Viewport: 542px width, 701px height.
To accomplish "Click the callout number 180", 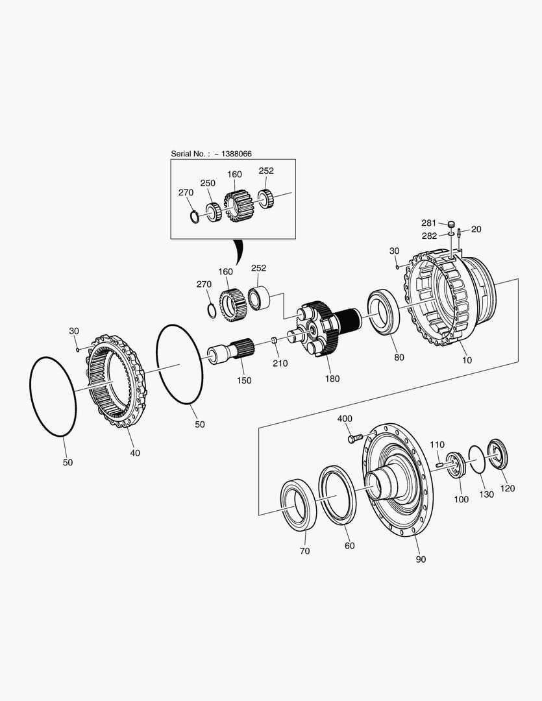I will tap(332, 378).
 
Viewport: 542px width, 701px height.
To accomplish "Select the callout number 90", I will tap(421, 559).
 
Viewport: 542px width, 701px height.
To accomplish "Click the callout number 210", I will tap(280, 363).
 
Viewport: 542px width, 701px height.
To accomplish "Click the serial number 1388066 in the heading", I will tap(237, 154).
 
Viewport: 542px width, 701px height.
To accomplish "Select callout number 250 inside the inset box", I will tap(207, 184).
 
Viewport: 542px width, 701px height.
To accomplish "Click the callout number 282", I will tap(429, 236).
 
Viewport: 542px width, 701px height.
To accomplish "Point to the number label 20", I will tap(476, 229).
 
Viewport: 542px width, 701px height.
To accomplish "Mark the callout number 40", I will tap(134, 452).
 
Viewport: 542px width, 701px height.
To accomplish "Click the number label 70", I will tap(304, 551).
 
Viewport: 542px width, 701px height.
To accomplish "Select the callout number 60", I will tap(349, 546).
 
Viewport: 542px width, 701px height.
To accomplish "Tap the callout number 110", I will tap(437, 445).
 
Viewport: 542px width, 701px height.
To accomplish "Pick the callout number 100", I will tap(461, 499).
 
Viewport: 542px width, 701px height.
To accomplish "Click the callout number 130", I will tap(486, 494).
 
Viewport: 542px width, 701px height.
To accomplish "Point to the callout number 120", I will tap(508, 488).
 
